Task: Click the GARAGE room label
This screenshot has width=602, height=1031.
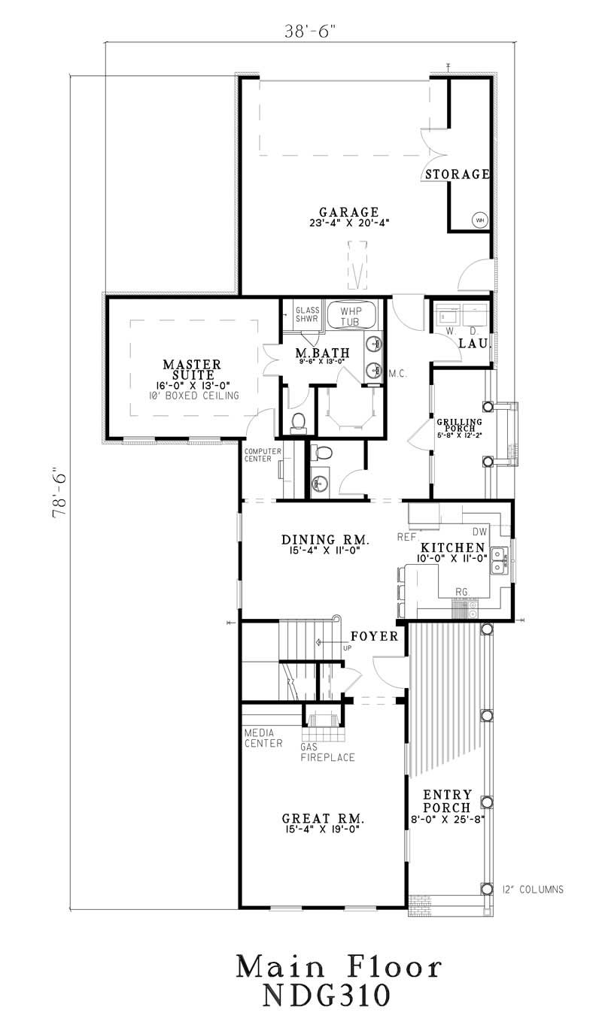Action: (x=348, y=212)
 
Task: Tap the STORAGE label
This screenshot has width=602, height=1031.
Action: (x=458, y=174)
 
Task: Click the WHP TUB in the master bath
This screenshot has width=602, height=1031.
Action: (x=351, y=316)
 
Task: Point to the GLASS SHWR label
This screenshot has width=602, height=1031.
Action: (x=307, y=314)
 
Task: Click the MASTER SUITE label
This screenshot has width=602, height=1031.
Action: (x=192, y=370)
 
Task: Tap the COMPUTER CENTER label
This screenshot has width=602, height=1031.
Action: (x=261, y=454)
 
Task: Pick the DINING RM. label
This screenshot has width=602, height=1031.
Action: (x=324, y=539)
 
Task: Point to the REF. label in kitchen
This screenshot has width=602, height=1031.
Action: (x=407, y=537)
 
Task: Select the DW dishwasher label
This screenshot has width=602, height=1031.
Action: (x=479, y=531)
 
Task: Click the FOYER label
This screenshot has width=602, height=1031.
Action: (x=374, y=636)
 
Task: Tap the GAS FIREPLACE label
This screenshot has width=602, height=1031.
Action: (x=327, y=753)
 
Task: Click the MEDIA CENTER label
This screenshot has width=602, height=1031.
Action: (x=263, y=738)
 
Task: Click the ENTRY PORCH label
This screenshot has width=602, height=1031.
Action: (x=447, y=801)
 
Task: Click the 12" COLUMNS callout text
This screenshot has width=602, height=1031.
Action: (x=533, y=890)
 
